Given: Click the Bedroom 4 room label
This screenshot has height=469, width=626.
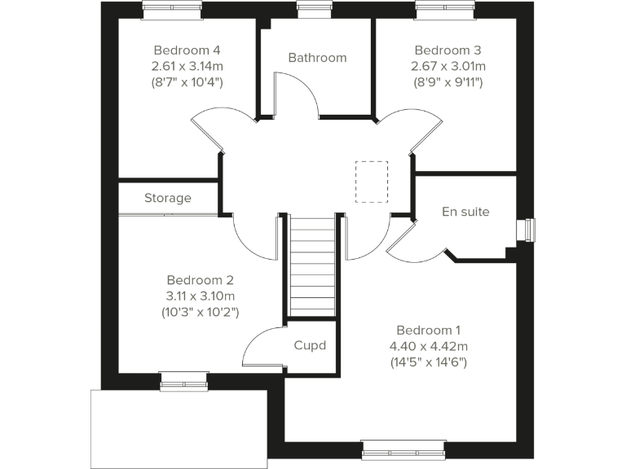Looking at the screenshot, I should [x=187, y=49].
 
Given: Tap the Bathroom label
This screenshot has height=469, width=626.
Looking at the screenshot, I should [x=317, y=58].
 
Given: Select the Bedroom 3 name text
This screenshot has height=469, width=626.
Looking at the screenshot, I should [x=449, y=49].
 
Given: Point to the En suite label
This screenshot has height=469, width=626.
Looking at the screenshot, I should [x=465, y=212].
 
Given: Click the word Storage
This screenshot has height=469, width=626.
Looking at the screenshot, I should [x=168, y=198].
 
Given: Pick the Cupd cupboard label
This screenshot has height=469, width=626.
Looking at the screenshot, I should [x=310, y=345].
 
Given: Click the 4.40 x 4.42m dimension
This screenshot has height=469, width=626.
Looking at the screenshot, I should [x=429, y=345].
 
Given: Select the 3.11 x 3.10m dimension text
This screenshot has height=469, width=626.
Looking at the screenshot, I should [x=201, y=295].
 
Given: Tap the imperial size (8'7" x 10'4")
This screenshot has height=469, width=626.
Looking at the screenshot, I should [x=187, y=81].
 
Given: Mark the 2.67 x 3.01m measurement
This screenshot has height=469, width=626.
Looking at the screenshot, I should [x=449, y=65].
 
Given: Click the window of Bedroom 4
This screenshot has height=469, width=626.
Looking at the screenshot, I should [x=172, y=9].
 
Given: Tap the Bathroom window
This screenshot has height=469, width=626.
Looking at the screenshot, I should [x=309, y=9].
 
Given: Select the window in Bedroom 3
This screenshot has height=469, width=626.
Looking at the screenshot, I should [x=444, y=9].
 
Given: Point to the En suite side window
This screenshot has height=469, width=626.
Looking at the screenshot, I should [x=531, y=230].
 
